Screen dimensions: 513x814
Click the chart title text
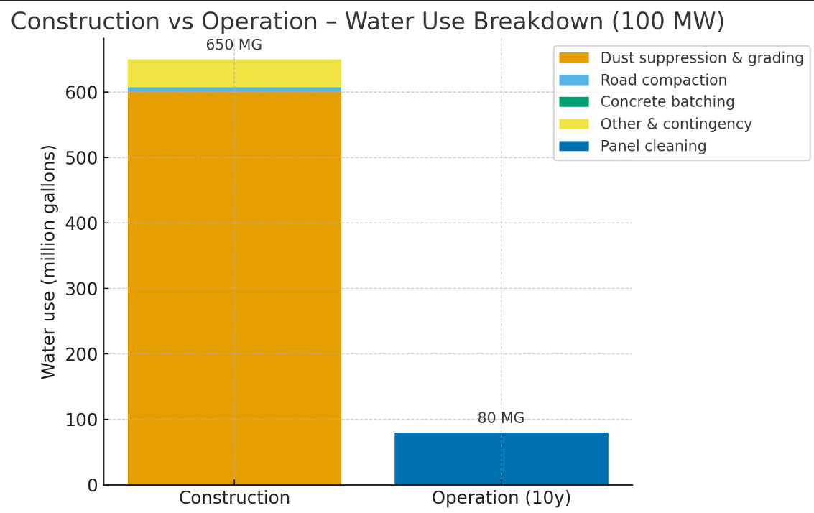tap(367, 21)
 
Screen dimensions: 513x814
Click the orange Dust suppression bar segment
tap(234, 287)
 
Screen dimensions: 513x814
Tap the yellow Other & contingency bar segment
tap(234, 73)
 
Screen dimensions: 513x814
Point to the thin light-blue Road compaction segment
tap(234, 90)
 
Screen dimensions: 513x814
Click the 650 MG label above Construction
tap(234, 45)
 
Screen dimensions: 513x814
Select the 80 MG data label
tap(501, 418)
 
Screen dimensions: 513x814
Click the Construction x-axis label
tap(234, 498)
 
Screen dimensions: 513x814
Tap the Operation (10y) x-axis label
tap(501, 498)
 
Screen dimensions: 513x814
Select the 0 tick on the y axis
tap(93, 486)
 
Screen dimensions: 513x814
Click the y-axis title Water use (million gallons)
tap(48, 262)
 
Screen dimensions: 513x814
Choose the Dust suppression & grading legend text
tap(701, 58)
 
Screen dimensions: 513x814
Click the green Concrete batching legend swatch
tap(573, 102)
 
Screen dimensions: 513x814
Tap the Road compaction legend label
tap(663, 80)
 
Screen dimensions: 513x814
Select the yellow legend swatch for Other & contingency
tap(573, 124)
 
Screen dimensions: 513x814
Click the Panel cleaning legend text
tap(653, 147)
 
